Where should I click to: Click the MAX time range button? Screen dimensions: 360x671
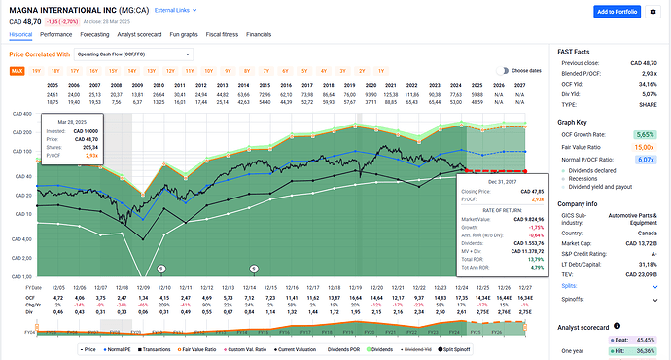[18, 71]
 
